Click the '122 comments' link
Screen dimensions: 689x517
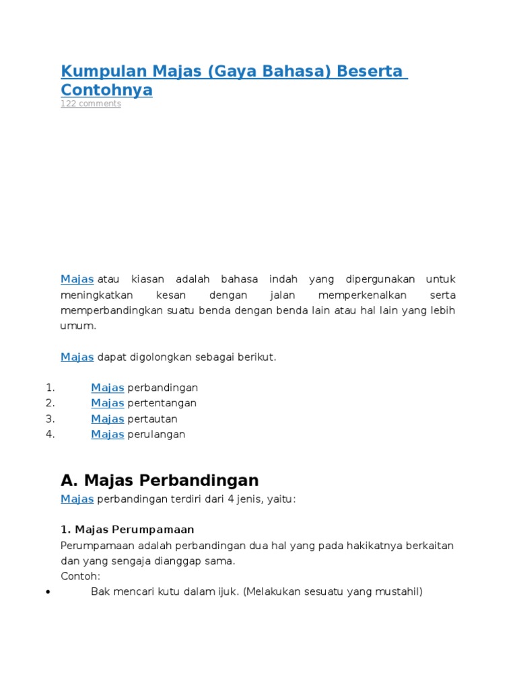[91, 104]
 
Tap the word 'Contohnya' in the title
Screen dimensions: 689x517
[106, 90]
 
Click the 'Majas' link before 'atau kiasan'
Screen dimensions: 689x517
[77, 279]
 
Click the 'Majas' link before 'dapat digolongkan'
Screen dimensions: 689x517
[77, 357]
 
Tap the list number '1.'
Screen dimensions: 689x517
[50, 388]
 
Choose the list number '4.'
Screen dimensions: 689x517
[50, 434]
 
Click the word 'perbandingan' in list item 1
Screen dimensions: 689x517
[162, 388]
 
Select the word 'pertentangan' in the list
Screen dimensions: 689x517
[162, 403]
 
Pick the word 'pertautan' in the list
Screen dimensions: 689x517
[152, 419]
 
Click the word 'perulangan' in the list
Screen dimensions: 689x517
[156, 434]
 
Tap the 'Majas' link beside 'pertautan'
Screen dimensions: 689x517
[107, 419]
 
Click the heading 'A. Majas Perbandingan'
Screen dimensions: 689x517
[160, 480]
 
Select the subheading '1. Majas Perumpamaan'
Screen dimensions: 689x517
[127, 530]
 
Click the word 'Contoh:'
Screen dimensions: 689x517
[80, 576]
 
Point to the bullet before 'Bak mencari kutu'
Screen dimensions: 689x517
[46, 592]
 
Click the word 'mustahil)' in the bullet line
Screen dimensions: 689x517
[399, 592]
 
